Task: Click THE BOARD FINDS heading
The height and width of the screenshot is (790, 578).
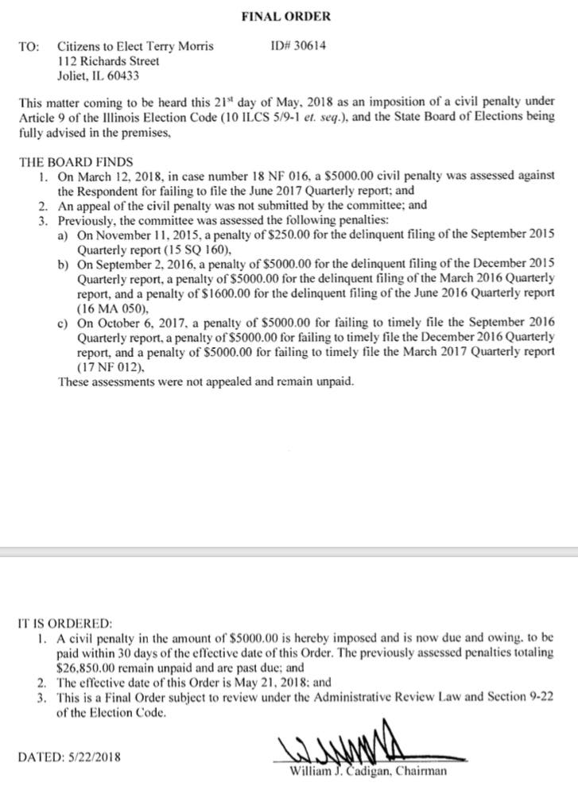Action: coord(71,161)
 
